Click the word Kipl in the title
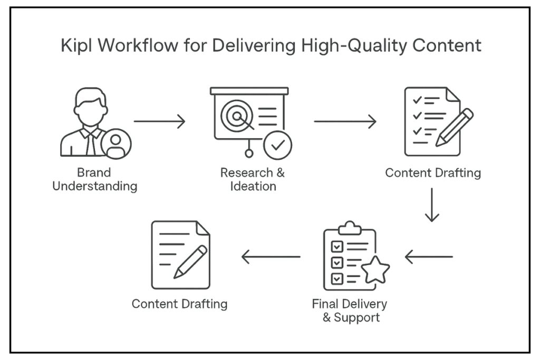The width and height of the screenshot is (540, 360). pos(78,45)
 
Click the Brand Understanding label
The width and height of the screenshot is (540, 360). pos(94,179)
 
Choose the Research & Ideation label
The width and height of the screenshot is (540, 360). pos(253,179)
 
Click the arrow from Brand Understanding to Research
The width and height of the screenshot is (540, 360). pos(160,122)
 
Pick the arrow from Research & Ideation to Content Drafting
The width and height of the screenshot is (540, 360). pos(345,122)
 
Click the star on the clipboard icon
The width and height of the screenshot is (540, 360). pos(375,270)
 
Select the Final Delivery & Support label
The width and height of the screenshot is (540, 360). pos(349,311)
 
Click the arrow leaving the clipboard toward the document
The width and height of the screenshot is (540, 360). pos(271,257)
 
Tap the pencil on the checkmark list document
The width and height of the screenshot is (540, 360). pos(454,127)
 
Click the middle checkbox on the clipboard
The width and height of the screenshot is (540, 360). pos(336,261)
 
